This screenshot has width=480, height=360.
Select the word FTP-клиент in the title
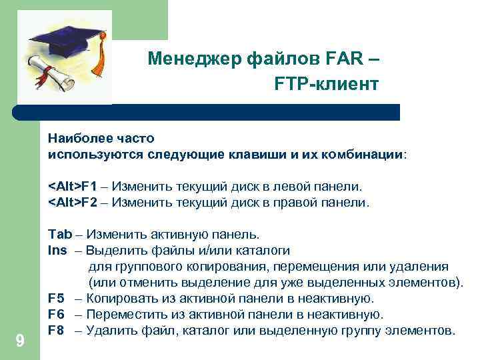click(x=325, y=85)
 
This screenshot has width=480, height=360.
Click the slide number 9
click(x=20, y=341)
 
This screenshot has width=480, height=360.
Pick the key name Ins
click(x=57, y=251)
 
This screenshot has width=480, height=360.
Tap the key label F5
click(x=56, y=298)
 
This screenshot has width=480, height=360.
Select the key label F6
click(x=56, y=314)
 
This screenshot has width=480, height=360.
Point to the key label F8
click(x=56, y=330)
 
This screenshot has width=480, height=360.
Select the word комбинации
click(x=366, y=155)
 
